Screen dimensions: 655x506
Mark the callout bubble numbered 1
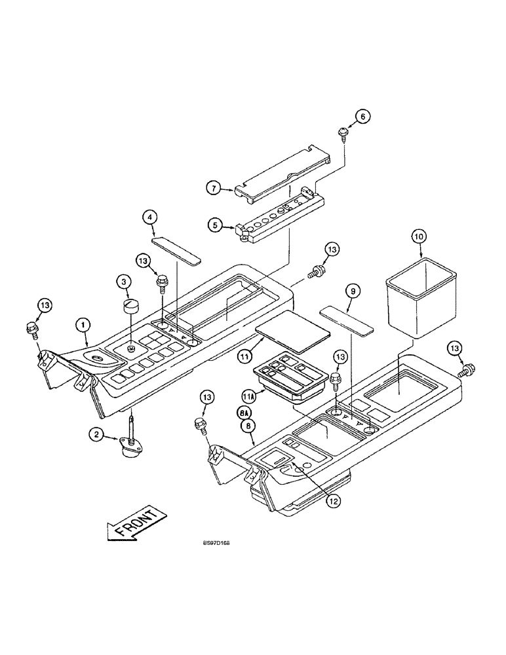[x=81, y=324]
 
